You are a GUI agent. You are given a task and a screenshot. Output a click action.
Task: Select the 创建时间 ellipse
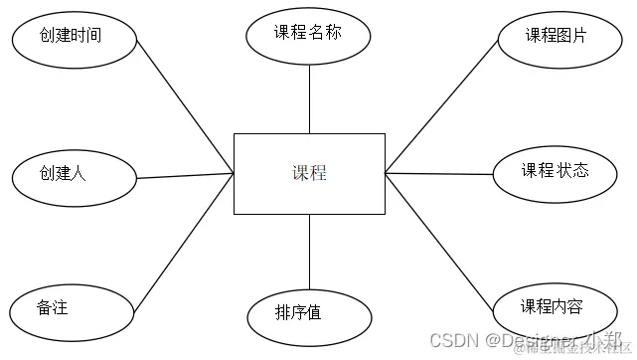(x=72, y=37)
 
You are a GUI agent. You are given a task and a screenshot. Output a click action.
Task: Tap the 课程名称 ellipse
(x=308, y=33)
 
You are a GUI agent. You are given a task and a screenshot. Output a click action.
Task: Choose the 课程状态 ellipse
(x=556, y=170)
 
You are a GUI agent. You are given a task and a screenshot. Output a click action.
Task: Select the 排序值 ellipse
(x=309, y=312)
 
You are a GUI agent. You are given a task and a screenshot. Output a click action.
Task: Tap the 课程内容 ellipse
(x=556, y=306)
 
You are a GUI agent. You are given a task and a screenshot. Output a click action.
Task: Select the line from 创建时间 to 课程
(x=184, y=108)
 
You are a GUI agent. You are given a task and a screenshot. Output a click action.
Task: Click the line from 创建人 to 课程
(x=184, y=176)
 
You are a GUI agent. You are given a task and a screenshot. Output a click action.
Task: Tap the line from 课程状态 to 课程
(x=439, y=173)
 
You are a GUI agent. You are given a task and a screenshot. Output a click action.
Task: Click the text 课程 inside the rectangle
(x=309, y=173)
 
